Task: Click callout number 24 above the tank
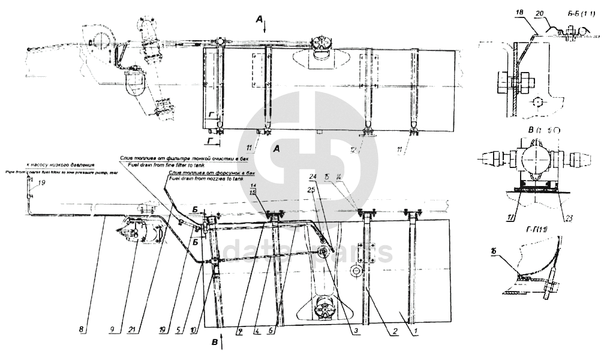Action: pos(312,177)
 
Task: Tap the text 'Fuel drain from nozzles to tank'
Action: pos(205,179)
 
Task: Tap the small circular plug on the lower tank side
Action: pos(356,272)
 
